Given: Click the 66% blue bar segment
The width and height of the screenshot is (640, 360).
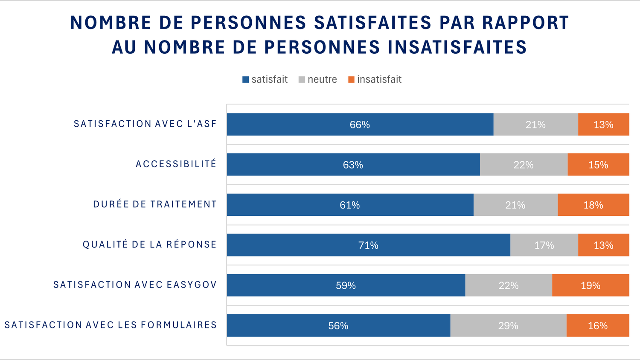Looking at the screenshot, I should coord(360,125).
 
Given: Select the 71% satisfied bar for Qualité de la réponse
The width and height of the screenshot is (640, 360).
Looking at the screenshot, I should coord(368,245).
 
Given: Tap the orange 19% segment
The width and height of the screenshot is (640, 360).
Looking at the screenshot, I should coord(591,285).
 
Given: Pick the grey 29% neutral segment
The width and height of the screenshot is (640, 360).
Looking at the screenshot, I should coord(508,325).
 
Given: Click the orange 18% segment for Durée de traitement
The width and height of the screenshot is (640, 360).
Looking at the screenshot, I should coord(593,205).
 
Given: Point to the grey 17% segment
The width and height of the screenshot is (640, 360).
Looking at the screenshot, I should coord(544,245).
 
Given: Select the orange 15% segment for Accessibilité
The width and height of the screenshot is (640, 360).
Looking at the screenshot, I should coord(598,165).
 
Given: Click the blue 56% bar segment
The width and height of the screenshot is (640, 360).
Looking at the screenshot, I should coord(338,325).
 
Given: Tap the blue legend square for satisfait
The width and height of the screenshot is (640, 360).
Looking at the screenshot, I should coord(246,80).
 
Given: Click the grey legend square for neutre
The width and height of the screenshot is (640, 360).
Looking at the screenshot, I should coord(302,80).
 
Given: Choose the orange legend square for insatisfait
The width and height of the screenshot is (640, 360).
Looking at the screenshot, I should coord(352,80).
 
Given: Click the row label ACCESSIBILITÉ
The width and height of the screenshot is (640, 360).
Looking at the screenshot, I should coord(176,164).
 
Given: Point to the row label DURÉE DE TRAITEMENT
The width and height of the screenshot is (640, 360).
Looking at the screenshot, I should coord(155,204).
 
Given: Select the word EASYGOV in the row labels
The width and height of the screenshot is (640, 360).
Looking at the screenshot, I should coord(192,285).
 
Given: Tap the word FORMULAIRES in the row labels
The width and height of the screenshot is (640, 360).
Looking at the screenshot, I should coord(179,325).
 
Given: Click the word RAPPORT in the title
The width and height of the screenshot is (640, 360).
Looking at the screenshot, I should coord(526,23).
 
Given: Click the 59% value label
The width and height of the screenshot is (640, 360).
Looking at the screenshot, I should coord(346,286).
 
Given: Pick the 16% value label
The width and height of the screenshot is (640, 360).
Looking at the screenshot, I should coord(598,326).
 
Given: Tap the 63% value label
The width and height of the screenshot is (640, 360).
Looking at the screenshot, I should coord(353,165).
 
